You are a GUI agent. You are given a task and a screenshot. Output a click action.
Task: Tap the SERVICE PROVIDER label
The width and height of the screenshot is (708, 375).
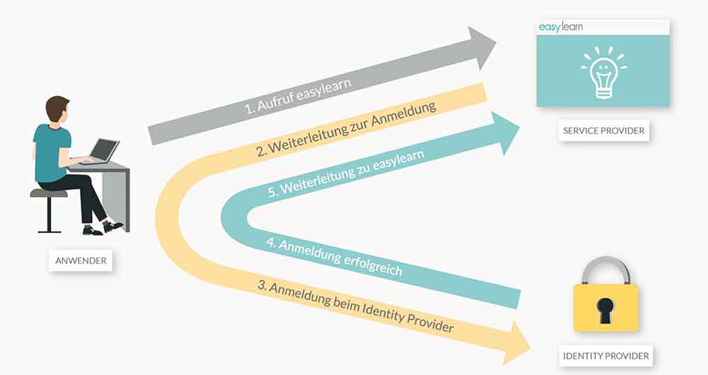pyautogui.click(x=603, y=131)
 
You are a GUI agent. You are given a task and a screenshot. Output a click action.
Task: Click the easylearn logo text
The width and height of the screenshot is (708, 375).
pyautogui.click(x=561, y=28)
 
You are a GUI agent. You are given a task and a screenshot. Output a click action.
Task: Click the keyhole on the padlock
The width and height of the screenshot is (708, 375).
pyautogui.click(x=605, y=308)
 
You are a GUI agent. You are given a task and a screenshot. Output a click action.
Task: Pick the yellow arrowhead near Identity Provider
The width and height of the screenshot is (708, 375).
pyautogui.click(x=515, y=341)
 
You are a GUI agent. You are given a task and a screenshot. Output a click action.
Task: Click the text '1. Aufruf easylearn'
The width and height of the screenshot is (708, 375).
pyautogui.click(x=297, y=96)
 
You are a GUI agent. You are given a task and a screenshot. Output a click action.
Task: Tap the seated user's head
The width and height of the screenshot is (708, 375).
pyautogui.click(x=57, y=110)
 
